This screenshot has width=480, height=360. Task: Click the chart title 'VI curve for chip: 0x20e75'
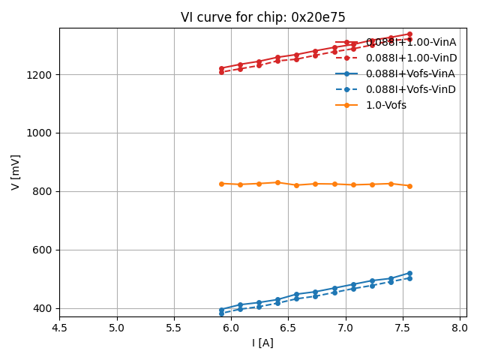pyautogui.click(x=262, y=17)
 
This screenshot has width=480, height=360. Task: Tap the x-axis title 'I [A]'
pyautogui.click(x=262, y=343)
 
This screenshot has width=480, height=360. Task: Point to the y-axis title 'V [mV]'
pyautogui.click(x=16, y=172)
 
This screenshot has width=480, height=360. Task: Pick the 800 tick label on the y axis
pyautogui.click(x=41, y=191)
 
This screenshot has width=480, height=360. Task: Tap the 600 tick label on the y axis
pyautogui.click(x=41, y=250)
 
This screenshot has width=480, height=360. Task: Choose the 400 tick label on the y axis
pyautogui.click(x=41, y=308)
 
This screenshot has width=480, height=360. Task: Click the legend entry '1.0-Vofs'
pyautogui.click(x=385, y=105)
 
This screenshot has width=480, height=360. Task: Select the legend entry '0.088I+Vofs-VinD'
pyautogui.click(x=410, y=89)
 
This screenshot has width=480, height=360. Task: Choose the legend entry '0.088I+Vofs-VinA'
pyautogui.click(x=410, y=73)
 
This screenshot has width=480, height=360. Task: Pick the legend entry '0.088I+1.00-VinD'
pyautogui.click(x=410, y=58)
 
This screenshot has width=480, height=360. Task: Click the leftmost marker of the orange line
pyautogui.click(x=221, y=184)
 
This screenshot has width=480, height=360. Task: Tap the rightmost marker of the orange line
pyautogui.click(x=409, y=186)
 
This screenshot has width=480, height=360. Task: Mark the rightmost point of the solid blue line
pyautogui.click(x=409, y=273)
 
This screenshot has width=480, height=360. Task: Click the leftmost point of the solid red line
pyautogui.click(x=221, y=68)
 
